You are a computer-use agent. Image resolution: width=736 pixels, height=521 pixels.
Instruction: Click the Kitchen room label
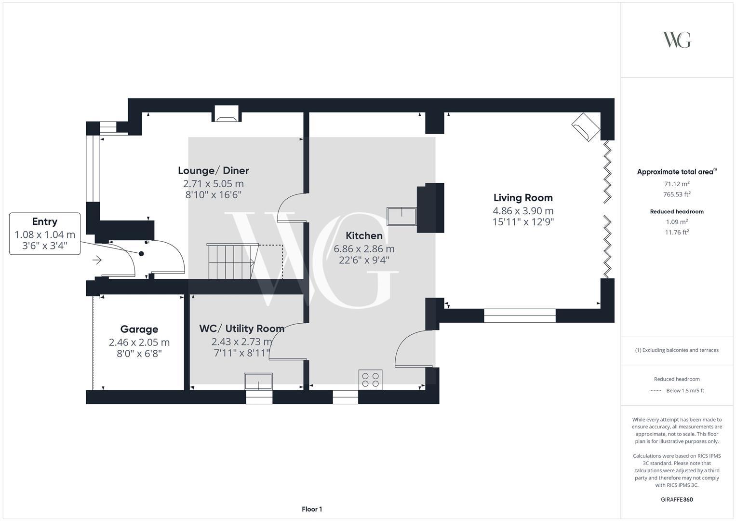click(364, 236)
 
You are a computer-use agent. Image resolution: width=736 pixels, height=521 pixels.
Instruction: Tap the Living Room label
click(523, 198)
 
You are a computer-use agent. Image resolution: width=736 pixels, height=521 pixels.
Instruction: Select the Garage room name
click(139, 329)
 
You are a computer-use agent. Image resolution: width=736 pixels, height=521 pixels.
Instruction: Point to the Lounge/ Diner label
click(214, 171)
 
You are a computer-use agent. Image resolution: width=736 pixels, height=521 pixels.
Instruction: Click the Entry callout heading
click(45, 222)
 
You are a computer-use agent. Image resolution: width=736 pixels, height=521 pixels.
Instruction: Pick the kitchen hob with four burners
click(371, 379)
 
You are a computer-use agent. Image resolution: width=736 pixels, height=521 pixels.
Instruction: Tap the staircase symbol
click(231, 261)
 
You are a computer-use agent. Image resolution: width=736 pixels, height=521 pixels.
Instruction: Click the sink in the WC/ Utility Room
click(258, 381)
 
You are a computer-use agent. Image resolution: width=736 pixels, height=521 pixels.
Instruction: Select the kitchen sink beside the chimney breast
click(401, 216)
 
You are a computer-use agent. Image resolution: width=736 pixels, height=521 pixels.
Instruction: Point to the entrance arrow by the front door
click(97, 260)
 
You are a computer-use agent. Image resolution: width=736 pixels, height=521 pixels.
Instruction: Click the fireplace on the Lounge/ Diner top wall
click(227, 113)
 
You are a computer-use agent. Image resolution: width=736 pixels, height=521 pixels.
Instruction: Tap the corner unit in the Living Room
click(586, 127)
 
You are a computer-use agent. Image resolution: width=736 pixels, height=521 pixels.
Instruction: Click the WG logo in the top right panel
click(677, 40)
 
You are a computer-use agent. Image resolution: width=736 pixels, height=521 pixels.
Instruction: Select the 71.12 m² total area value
click(677, 184)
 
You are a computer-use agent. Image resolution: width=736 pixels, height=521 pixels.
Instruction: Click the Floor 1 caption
click(312, 509)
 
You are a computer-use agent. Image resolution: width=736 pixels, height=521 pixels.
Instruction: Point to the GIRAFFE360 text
click(677, 500)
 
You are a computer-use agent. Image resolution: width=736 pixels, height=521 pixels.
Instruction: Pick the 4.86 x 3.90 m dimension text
click(523, 211)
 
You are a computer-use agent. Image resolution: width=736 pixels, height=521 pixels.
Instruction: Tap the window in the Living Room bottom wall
click(520, 315)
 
